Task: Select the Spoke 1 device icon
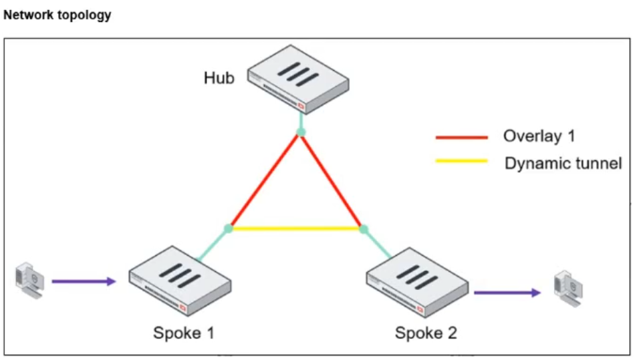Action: (x=181, y=279)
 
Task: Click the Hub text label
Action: (x=219, y=78)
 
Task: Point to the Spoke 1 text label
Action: (x=184, y=333)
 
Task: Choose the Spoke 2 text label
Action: (x=426, y=333)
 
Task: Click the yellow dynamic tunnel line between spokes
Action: (x=296, y=228)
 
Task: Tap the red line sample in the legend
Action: (x=461, y=138)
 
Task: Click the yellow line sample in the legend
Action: (x=461, y=161)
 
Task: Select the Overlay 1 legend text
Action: (x=539, y=136)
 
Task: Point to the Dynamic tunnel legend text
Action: (x=563, y=162)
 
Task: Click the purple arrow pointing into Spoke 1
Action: (x=84, y=281)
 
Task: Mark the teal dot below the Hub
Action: (x=301, y=132)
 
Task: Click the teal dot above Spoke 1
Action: (x=229, y=228)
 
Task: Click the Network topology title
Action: (x=57, y=15)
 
